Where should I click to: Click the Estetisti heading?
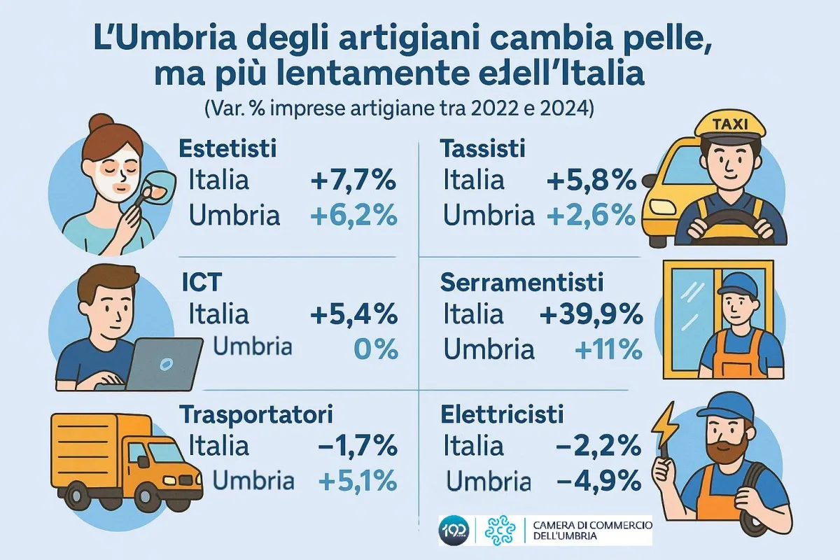coord(228,148)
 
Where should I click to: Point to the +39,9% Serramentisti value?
coord(591,314)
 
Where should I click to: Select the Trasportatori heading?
coord(256,414)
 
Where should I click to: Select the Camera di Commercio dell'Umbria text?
coord(592,531)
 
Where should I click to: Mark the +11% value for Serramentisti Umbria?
coord(608,348)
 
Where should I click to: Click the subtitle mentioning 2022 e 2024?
coord(399,110)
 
